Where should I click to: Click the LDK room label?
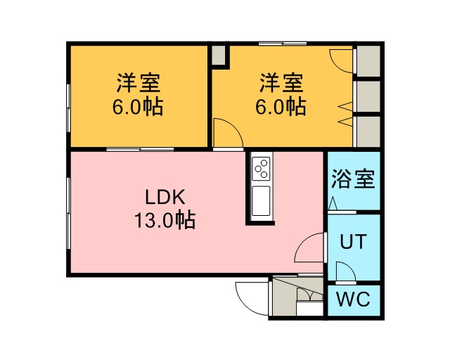165,197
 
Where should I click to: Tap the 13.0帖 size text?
165,220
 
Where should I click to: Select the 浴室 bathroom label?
353,179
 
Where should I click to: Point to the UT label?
353,241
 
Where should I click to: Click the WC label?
353,299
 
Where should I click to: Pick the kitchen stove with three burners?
261,169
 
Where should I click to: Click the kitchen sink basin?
261,201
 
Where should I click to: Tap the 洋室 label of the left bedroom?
139,83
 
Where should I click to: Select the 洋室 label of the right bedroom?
281,83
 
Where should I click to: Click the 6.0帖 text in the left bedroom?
138,107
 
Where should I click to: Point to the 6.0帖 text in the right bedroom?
281,107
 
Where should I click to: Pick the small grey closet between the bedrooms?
219,55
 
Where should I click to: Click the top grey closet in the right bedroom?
368,61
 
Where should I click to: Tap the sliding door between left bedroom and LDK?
140,149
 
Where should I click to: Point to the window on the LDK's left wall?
68,214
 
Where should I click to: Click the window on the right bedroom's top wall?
283,44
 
